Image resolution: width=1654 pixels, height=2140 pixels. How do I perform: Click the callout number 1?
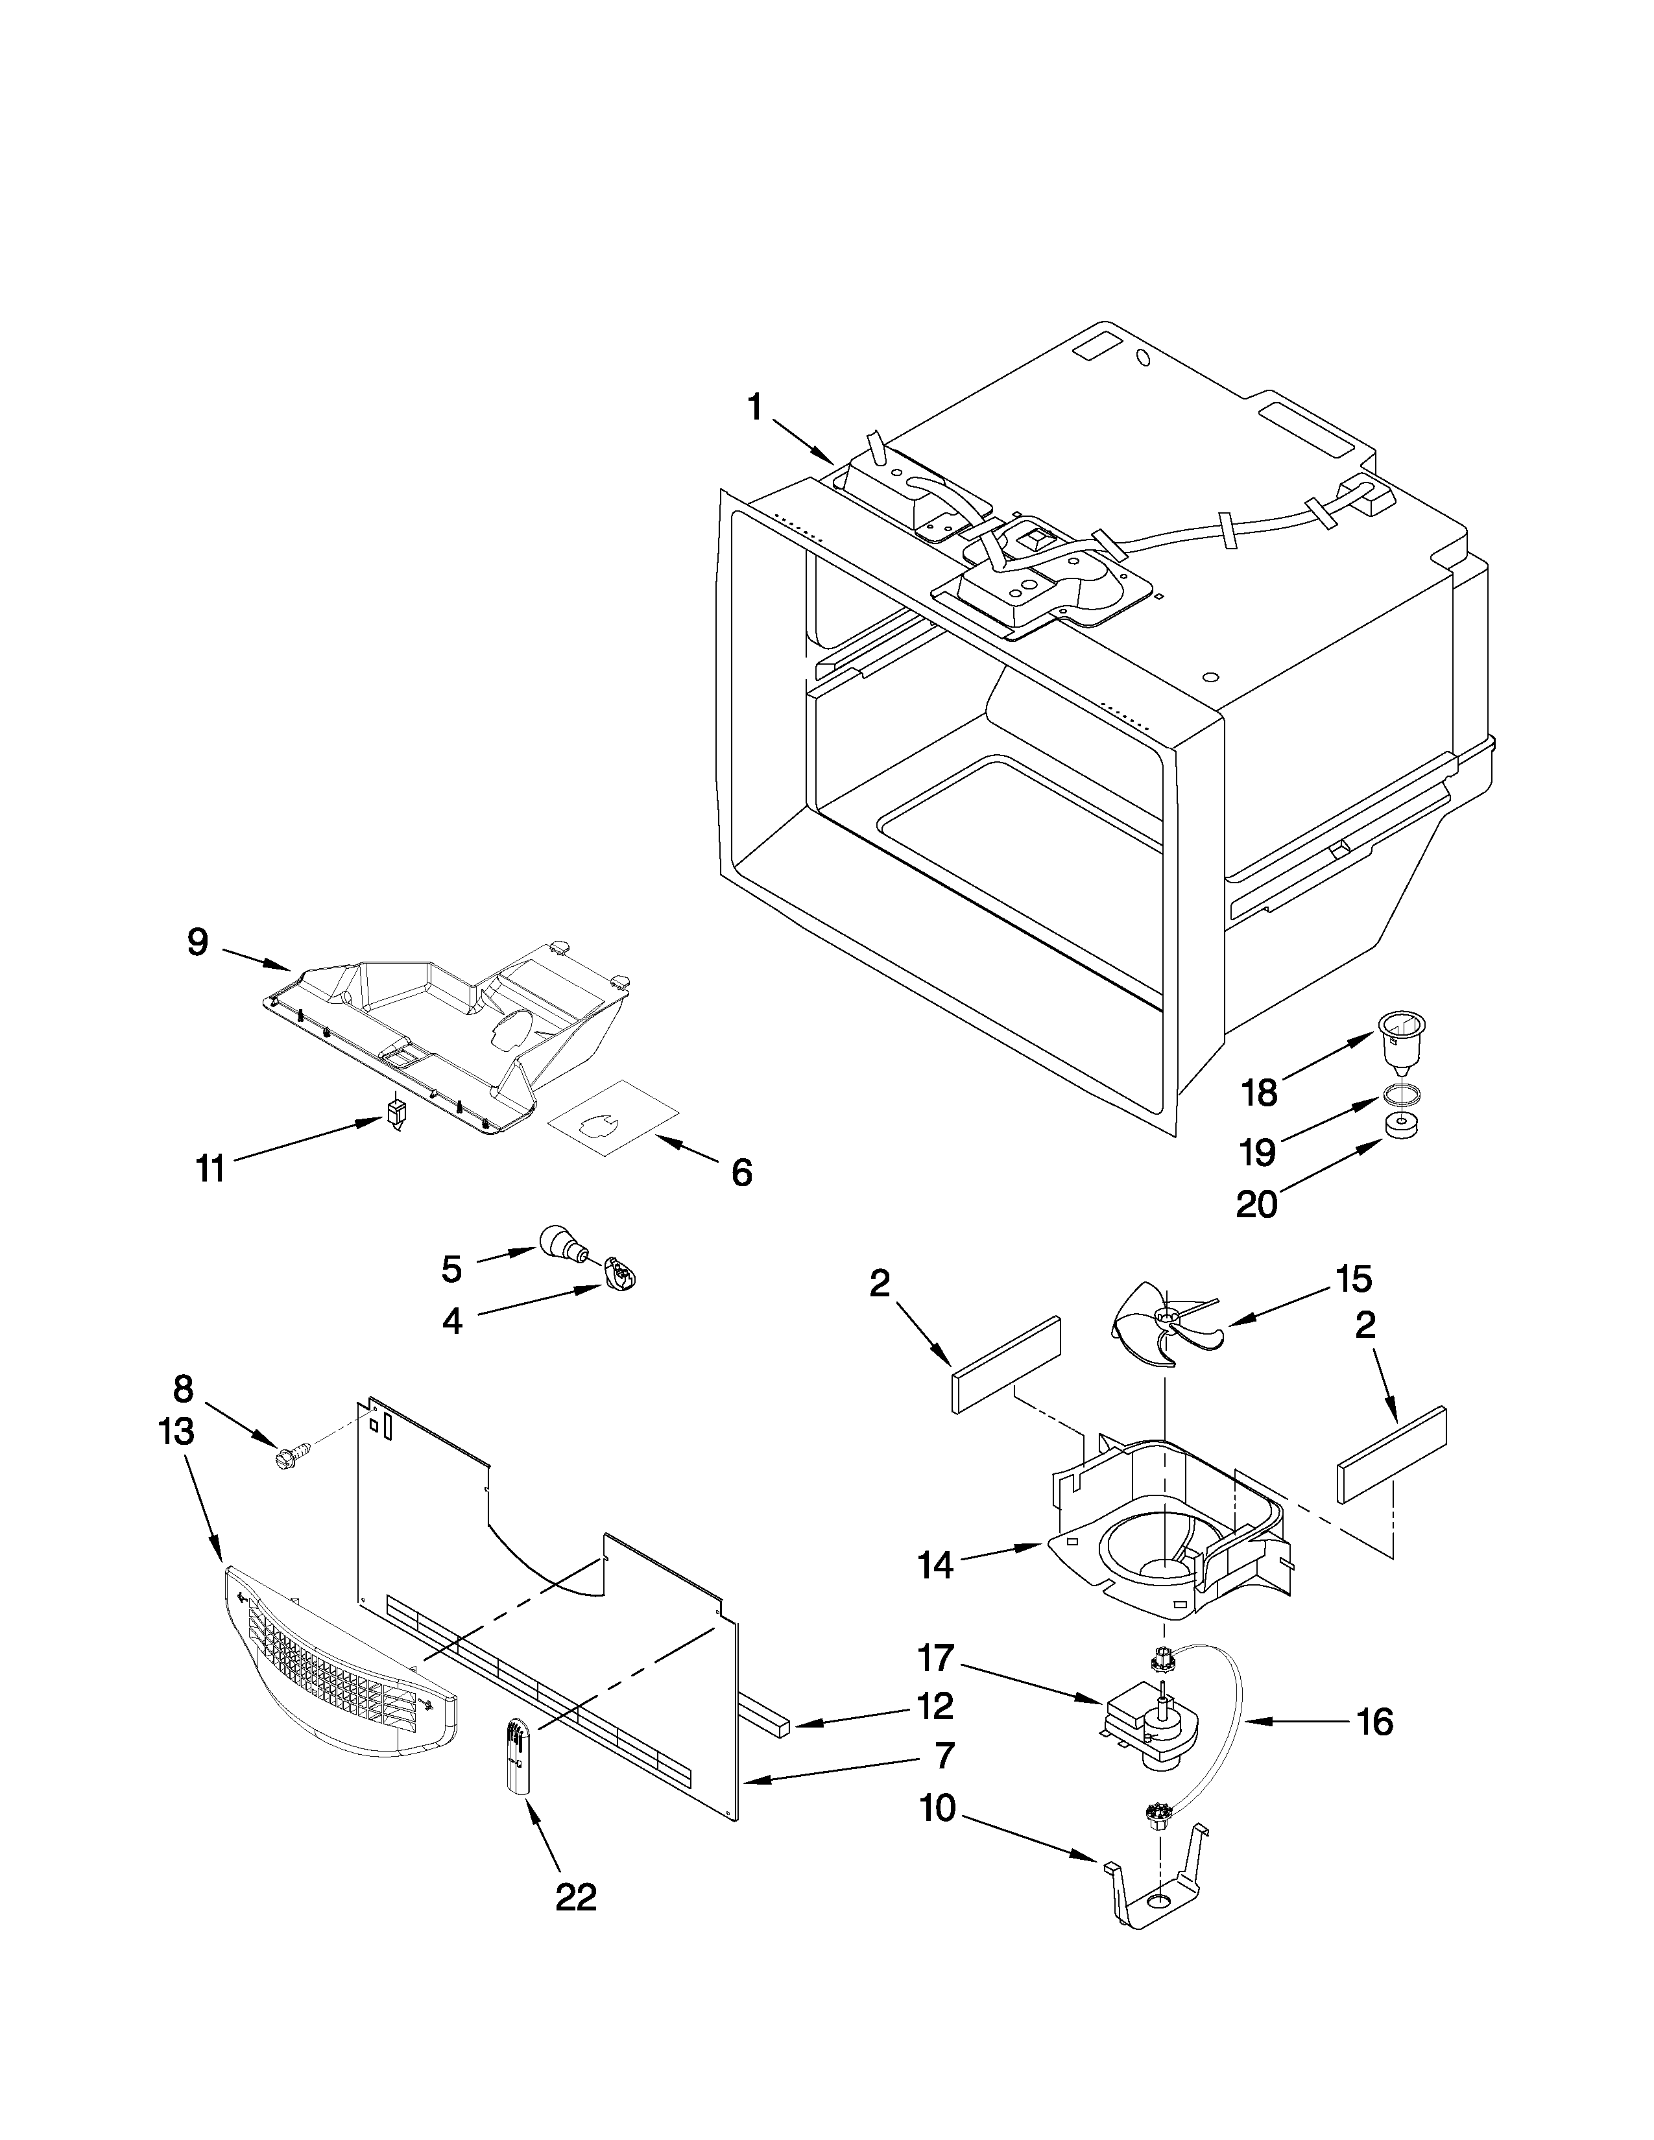point(754,407)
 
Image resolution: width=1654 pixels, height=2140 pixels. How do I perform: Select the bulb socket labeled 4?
point(620,1275)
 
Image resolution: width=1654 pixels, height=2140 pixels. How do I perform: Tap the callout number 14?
point(936,1565)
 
